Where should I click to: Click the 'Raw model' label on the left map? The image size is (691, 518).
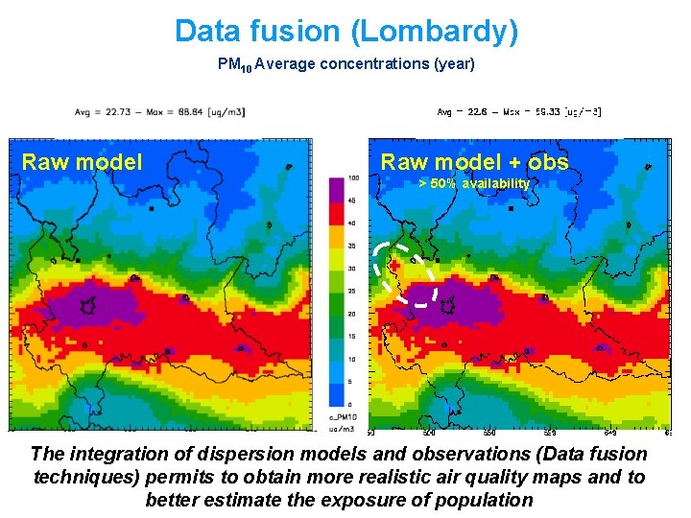pos(82,162)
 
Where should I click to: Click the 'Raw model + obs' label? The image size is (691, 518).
pos(474,162)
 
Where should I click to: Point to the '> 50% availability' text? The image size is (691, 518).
pos(474,183)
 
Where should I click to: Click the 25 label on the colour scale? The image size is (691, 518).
pos(353,292)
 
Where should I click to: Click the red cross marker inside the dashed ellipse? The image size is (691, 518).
pos(394,265)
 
